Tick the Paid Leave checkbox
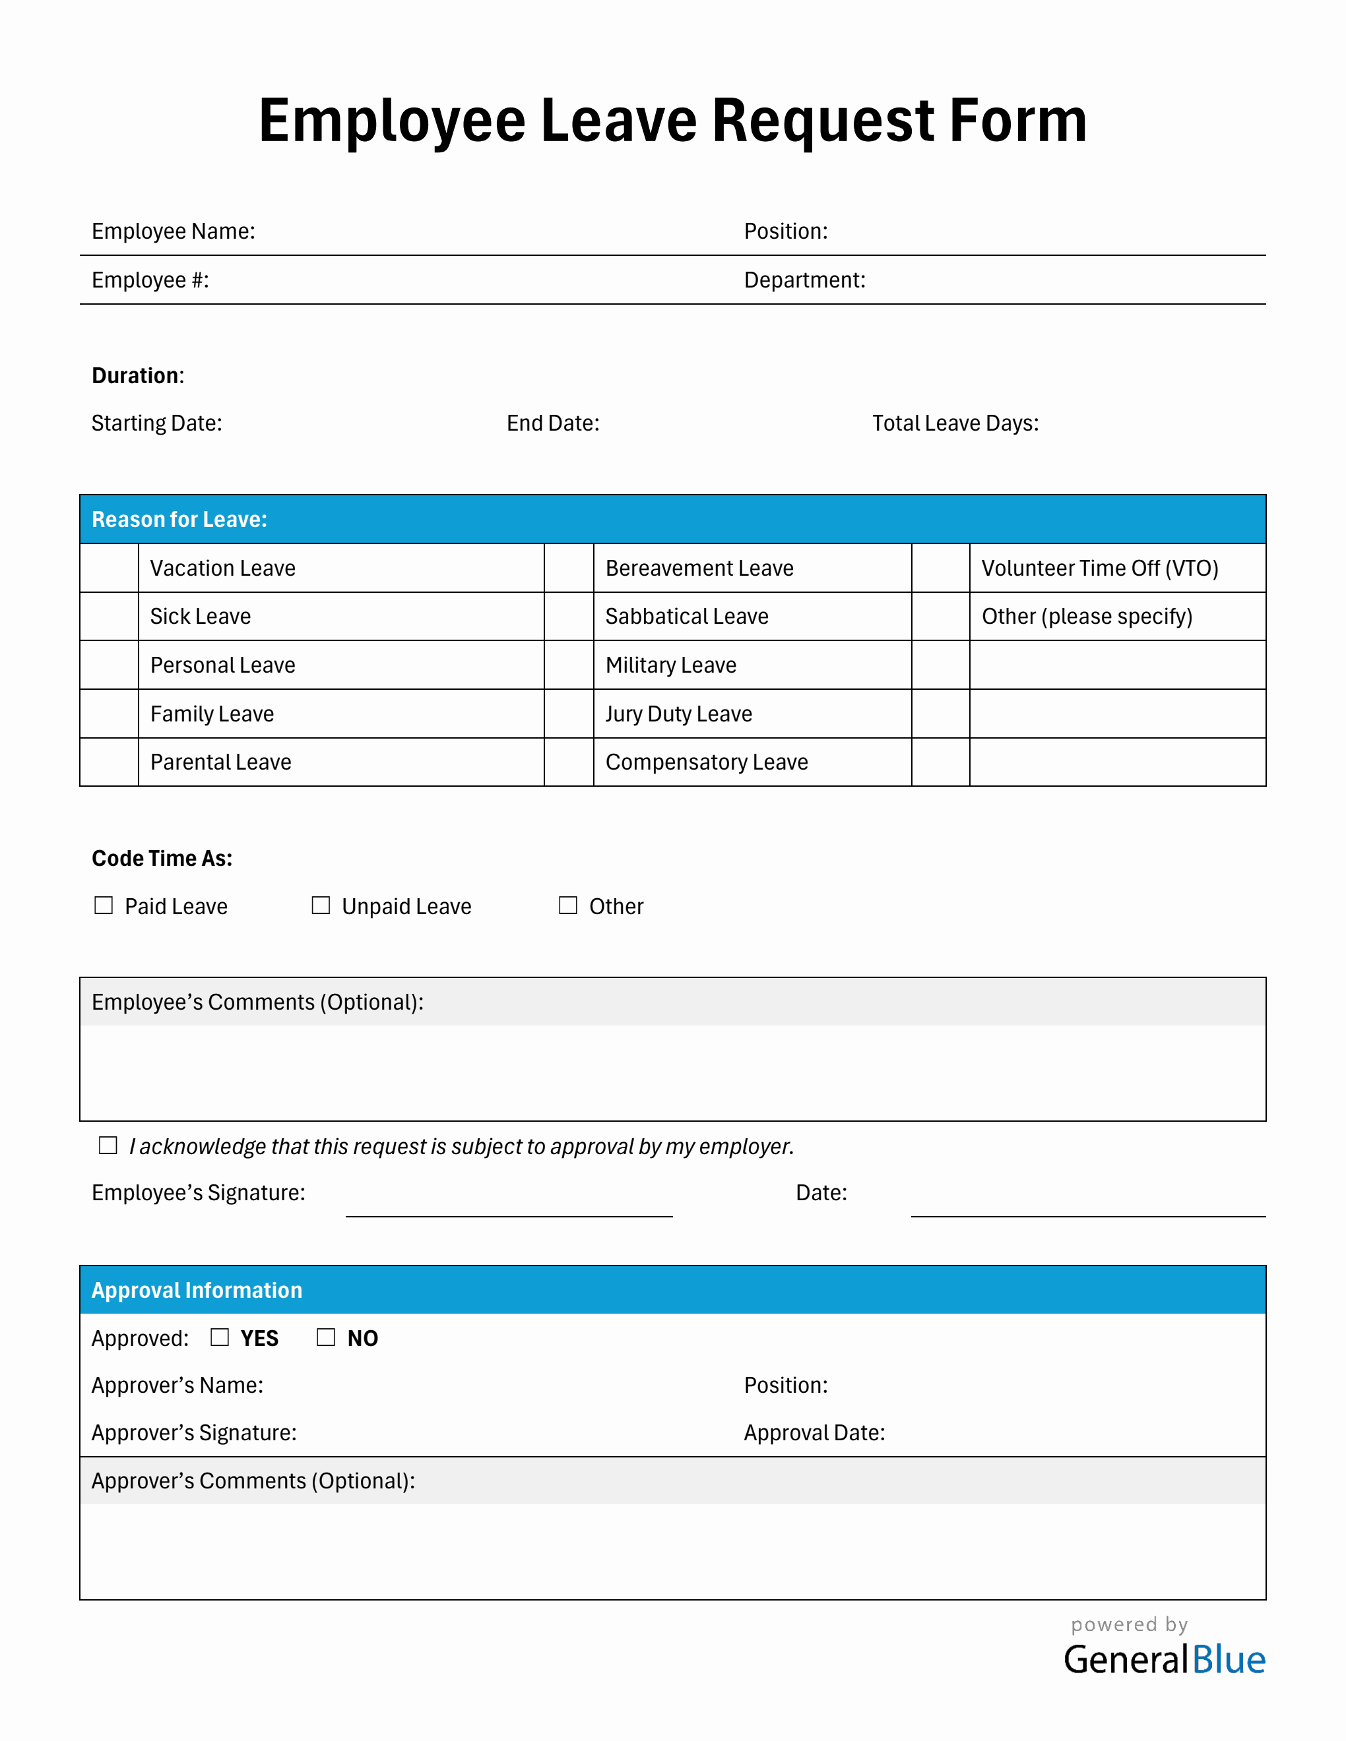(x=104, y=905)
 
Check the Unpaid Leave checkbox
(x=321, y=905)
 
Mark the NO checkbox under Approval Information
(x=326, y=1337)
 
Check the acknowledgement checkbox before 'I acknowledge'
(x=108, y=1145)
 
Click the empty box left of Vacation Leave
(x=110, y=568)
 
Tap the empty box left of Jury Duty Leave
(x=569, y=714)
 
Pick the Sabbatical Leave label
(x=687, y=616)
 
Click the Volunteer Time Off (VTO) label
(x=1100, y=568)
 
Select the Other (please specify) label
(x=1087, y=616)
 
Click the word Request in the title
(x=822, y=121)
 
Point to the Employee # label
(x=150, y=280)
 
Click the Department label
(x=804, y=280)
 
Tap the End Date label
(x=553, y=423)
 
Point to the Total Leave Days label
(x=955, y=423)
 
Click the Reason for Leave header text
(x=179, y=519)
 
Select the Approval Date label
(x=814, y=1432)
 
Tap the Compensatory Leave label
(x=707, y=762)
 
